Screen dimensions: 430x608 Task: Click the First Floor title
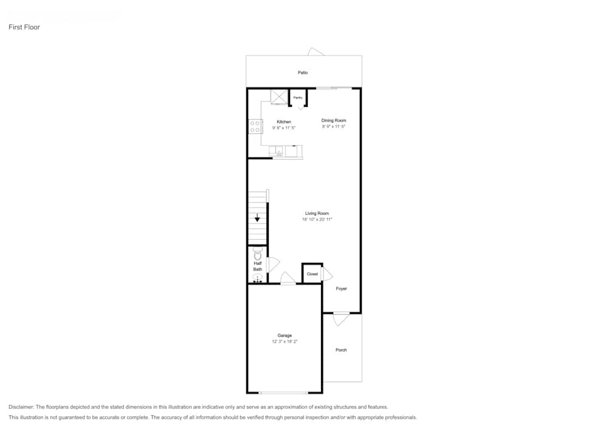click(x=24, y=27)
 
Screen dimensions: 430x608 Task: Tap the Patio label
click(x=303, y=73)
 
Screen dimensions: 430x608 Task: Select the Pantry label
click(x=298, y=97)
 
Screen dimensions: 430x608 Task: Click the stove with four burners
click(x=255, y=127)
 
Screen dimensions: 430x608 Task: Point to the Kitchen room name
click(x=284, y=122)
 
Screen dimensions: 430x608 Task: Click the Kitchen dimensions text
click(x=284, y=128)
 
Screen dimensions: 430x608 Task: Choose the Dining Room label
click(x=334, y=120)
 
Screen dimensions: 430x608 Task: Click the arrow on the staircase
click(x=258, y=217)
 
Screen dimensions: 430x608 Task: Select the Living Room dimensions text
click(x=317, y=220)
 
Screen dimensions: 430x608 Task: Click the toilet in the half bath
click(x=257, y=252)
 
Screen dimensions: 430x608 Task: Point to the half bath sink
click(x=257, y=278)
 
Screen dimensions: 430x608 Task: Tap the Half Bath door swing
click(x=273, y=265)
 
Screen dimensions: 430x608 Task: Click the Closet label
click(x=312, y=274)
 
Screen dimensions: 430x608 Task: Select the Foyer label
click(x=342, y=289)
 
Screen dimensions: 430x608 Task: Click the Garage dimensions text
click(x=285, y=342)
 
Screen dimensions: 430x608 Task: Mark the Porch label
click(x=342, y=350)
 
